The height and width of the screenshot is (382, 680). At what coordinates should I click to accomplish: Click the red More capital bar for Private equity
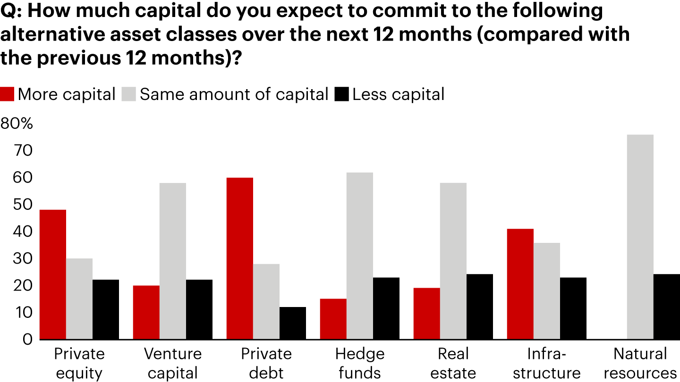click(52, 274)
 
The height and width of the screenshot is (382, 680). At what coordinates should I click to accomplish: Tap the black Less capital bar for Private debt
click(292, 323)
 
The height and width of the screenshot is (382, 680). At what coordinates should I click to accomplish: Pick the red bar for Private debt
click(239, 258)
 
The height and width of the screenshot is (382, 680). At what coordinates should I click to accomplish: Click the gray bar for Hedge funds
click(359, 256)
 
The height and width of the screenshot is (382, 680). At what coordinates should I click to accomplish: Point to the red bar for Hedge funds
click(333, 319)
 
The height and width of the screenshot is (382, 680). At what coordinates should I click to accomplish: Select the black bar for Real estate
click(479, 307)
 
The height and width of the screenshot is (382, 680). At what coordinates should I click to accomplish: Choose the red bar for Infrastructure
click(520, 284)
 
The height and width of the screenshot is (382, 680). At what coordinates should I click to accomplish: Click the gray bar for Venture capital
click(172, 261)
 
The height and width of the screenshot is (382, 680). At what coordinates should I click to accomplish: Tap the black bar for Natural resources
click(666, 307)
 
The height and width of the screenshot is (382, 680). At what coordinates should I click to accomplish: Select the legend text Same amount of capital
click(234, 94)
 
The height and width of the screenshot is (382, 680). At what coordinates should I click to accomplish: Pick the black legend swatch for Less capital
click(342, 94)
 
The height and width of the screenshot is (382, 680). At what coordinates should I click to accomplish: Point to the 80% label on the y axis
click(17, 124)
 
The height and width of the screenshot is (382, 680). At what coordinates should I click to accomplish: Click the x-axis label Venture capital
click(172, 363)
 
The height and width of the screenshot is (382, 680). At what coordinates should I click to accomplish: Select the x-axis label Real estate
click(453, 363)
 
